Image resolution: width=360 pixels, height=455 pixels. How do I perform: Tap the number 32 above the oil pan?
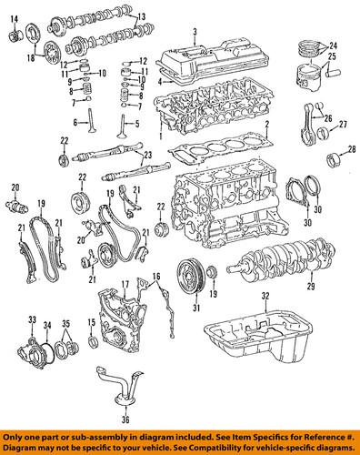(265, 298)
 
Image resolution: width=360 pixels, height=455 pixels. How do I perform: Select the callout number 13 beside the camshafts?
(141, 17)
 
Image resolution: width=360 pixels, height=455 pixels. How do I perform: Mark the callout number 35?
(65, 324)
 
